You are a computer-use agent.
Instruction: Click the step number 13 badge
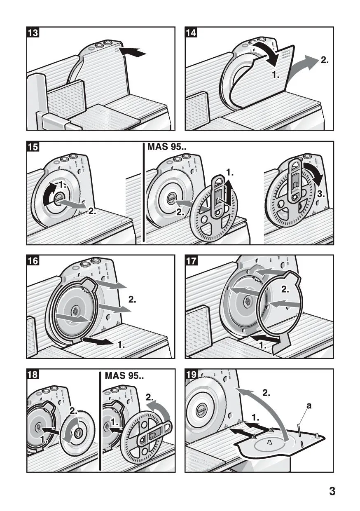click(x=33, y=33)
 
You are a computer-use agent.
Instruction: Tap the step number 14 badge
click(x=191, y=33)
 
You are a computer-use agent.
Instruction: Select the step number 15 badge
click(x=33, y=147)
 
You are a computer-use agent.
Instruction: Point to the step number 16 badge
click(x=33, y=260)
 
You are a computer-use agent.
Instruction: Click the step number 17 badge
click(x=191, y=260)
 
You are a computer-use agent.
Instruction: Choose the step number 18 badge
click(x=33, y=374)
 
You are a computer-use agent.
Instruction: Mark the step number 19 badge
click(x=191, y=374)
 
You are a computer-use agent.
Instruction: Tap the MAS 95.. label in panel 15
click(x=167, y=147)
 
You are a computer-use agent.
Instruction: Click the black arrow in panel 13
click(x=133, y=52)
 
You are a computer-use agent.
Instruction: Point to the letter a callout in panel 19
click(x=309, y=406)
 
